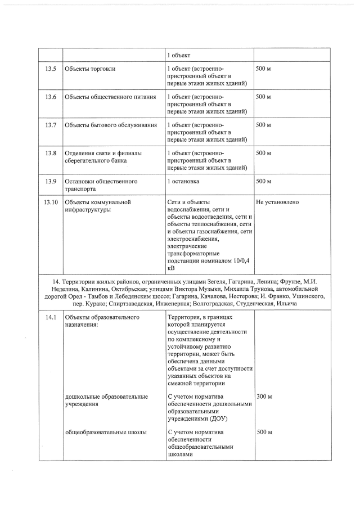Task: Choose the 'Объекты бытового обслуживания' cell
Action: coord(110,124)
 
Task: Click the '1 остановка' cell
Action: coord(183,181)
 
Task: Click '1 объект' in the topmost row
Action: coord(179,55)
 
